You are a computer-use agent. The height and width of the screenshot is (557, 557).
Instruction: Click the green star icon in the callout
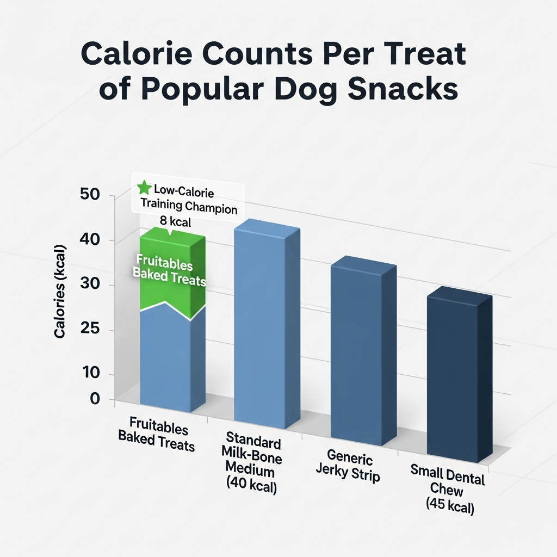coord(144,188)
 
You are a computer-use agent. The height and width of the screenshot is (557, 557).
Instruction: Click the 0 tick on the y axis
coord(95,399)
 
